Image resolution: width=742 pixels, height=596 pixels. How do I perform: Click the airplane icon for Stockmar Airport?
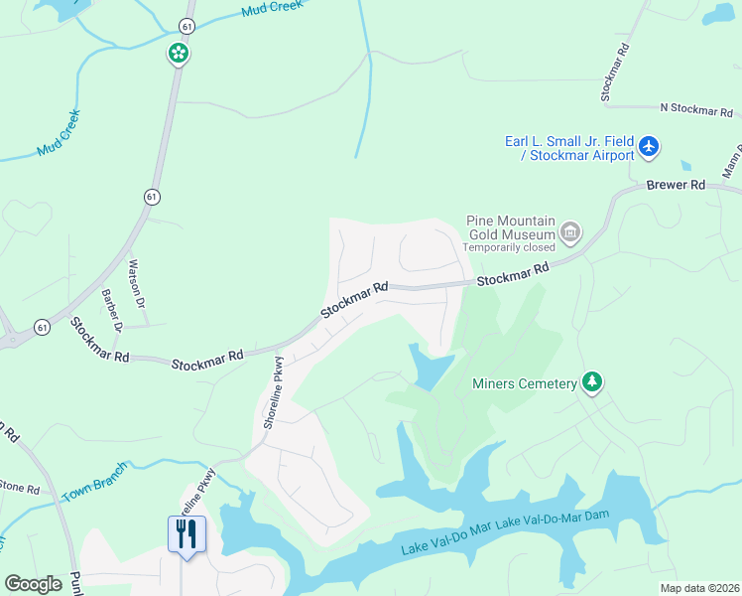[x=649, y=147]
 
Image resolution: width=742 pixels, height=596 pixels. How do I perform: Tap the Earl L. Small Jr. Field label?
[x=567, y=140]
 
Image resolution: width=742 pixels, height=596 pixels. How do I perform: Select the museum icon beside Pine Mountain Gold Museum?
[x=570, y=233]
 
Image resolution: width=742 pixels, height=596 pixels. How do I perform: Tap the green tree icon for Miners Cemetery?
[x=592, y=382]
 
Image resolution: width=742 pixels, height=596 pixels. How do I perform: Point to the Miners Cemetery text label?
[x=525, y=383]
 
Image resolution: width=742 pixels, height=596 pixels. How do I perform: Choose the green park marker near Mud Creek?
[x=179, y=53]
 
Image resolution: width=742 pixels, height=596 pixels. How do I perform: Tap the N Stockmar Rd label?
[x=700, y=107]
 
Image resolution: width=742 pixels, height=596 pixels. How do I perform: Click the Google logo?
[x=33, y=583]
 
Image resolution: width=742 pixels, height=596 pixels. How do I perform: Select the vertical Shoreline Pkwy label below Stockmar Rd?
[x=275, y=392]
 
